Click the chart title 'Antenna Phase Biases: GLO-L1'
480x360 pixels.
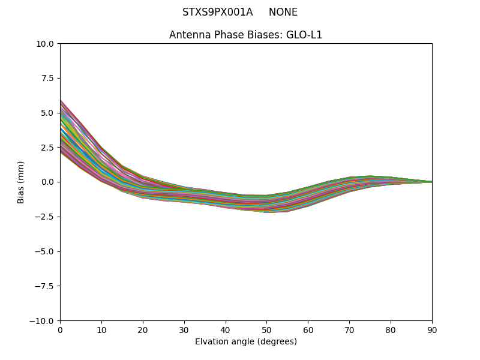245,35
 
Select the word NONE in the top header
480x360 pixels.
283,12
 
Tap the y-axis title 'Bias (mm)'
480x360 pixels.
21,182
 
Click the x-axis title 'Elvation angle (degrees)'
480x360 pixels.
245,342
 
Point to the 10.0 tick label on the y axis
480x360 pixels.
45,44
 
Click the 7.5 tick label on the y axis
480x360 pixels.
47,78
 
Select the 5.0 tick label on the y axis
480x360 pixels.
47,113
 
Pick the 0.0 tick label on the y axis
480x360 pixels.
47,182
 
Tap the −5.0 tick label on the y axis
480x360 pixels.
45,251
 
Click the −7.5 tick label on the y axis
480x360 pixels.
45,286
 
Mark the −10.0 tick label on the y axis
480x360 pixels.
43,321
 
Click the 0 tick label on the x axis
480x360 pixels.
60,329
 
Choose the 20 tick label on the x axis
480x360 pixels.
143,329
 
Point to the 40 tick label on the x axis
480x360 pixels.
226,329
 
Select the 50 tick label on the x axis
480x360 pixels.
266,329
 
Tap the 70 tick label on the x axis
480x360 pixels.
349,329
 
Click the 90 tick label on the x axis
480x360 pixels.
432,329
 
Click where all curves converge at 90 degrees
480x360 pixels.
431,182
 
